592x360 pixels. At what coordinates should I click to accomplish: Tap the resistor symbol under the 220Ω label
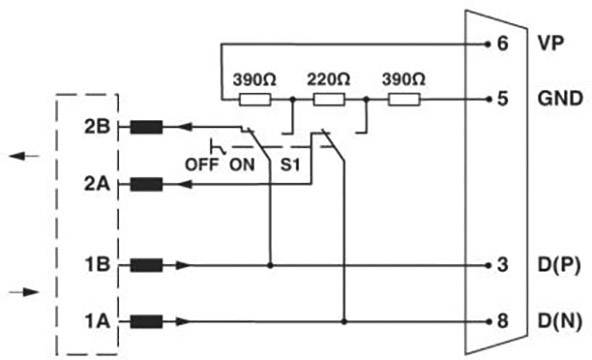[329, 99]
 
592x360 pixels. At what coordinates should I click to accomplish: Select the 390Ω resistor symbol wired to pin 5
[403, 99]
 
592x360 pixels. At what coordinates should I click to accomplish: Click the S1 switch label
[292, 162]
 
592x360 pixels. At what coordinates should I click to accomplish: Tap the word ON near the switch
[243, 162]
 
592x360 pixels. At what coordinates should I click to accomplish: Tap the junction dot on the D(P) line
[270, 265]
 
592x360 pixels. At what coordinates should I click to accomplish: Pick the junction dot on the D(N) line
[344, 321]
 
